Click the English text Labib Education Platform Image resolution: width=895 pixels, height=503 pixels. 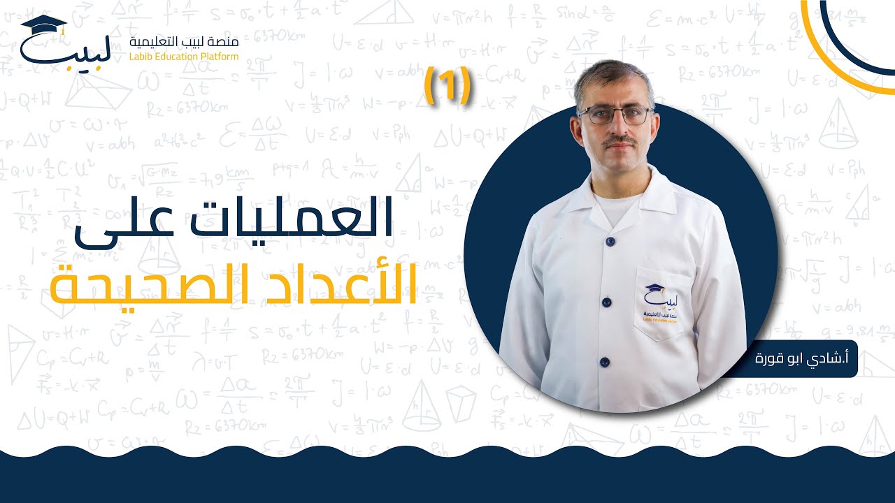click(x=185, y=56)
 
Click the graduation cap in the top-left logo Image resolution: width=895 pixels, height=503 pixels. click(x=43, y=25)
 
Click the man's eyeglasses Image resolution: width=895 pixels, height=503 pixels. click(x=615, y=115)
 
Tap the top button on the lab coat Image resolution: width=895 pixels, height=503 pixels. click(x=610, y=241)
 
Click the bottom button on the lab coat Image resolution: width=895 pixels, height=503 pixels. click(x=604, y=362)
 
